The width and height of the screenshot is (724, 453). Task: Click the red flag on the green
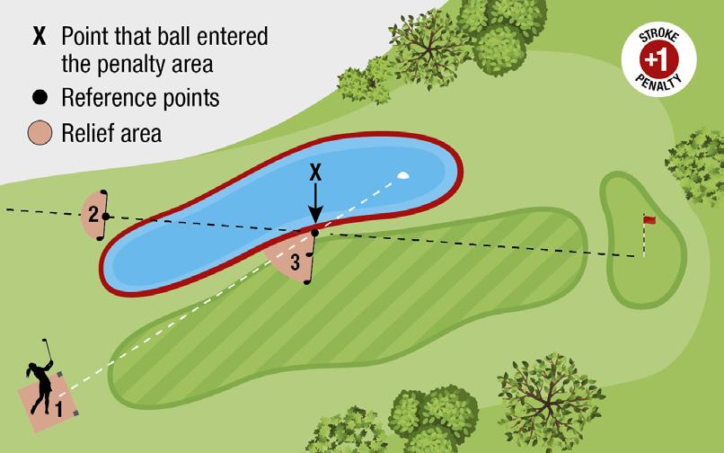coord(649,219)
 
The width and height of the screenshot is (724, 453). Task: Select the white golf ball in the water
coord(403,176)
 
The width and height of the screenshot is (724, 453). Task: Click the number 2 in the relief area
coord(93,214)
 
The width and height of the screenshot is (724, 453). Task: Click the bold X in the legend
coord(39,37)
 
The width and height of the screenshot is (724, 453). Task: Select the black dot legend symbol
coord(39,96)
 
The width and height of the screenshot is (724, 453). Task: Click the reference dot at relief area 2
coord(105,216)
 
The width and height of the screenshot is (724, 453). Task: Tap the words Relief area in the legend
coord(111,134)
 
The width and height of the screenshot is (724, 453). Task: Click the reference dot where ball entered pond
coord(315,233)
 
